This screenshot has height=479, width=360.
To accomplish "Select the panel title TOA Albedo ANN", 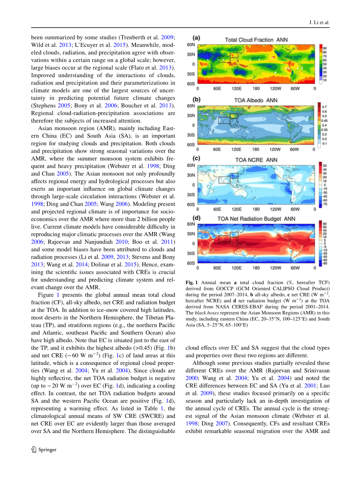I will [256, 100].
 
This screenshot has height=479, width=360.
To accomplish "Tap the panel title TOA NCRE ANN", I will [256, 160].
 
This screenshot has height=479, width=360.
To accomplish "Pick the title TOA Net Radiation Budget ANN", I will [256, 219].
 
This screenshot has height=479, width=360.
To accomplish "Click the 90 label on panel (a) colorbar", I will [325, 47].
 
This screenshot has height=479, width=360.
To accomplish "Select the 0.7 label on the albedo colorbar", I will [324, 107].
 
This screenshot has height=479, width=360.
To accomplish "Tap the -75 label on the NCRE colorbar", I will [325, 204].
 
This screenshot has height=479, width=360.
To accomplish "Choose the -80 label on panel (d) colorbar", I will [325, 264].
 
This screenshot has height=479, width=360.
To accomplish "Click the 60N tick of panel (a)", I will [191, 45].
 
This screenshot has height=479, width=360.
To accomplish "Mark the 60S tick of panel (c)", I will [191, 204].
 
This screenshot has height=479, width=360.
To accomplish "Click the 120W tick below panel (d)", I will [275, 268].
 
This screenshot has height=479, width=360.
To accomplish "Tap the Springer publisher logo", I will [44, 449].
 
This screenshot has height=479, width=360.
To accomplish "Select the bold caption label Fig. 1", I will [192, 282].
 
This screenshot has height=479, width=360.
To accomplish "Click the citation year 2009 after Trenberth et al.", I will [169, 37].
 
